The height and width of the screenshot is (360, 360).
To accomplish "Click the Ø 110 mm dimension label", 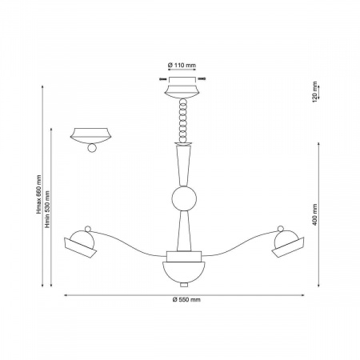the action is coord(182,65).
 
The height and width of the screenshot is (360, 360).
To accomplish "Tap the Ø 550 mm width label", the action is coord(186,299).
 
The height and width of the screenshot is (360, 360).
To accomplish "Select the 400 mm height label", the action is coord(314,214).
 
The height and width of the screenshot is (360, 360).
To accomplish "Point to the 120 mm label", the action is coord(314,92).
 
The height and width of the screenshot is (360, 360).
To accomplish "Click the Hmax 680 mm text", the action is coord(39,194).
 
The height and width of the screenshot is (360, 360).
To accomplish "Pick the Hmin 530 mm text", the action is coord(47,210).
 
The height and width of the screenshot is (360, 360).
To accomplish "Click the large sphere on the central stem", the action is coord(184,199).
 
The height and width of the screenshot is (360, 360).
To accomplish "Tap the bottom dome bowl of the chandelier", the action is coord(184,272).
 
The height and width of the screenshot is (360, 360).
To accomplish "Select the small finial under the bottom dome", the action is coord(184,285).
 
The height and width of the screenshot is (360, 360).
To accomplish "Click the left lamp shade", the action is coord(80,245).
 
